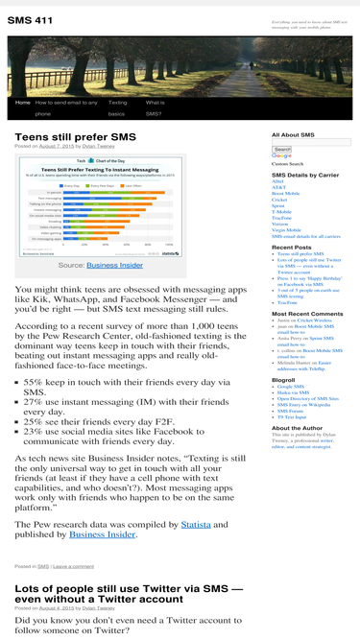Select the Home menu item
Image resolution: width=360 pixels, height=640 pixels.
[x=23, y=102]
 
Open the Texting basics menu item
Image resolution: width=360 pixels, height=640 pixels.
[x=117, y=107]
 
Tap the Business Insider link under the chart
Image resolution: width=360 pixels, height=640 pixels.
[x=114, y=265]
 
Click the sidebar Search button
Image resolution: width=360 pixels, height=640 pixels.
[x=281, y=150]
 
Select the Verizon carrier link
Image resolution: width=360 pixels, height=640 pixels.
[x=280, y=224]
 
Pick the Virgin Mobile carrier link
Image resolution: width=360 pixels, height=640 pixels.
[x=286, y=229]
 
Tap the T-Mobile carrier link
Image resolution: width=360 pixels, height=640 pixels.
[x=281, y=211]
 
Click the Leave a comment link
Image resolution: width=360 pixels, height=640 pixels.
[x=60, y=567]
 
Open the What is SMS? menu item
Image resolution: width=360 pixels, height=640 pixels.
[x=154, y=107]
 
